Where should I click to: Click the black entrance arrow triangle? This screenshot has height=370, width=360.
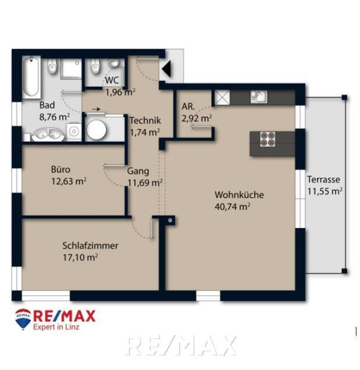pyautogui.click(x=167, y=69)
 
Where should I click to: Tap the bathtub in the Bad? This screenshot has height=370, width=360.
pyautogui.click(x=31, y=76)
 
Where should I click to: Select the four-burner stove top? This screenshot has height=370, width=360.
pyautogui.click(x=268, y=139)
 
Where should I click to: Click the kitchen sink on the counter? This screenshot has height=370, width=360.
pyautogui.click(x=259, y=97)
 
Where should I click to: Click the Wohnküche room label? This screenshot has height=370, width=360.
pyautogui.click(x=239, y=195)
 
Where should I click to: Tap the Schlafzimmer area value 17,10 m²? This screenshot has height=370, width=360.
pyautogui.click(x=80, y=258)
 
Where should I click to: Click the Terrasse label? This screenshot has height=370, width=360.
pyautogui.click(x=323, y=180)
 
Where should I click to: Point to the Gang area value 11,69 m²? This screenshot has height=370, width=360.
pyautogui.click(x=145, y=182)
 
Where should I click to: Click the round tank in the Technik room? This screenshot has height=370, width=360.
pyautogui.click(x=96, y=129)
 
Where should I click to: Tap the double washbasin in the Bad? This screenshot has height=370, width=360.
pyautogui.click(x=48, y=135)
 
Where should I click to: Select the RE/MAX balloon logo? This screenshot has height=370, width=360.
pyautogui.click(x=23, y=319)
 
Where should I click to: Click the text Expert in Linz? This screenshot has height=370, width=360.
pyautogui.click(x=56, y=327)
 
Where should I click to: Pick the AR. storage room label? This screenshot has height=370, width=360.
pyautogui.click(x=188, y=107)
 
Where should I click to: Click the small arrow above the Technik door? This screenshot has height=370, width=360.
pyautogui.click(x=96, y=109)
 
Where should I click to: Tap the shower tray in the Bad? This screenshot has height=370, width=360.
pyautogui.click(x=71, y=69)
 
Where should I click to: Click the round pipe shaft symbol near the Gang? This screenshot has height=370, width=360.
pyautogui.click(x=170, y=220)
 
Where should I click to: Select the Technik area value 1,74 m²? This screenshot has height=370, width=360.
pyautogui.click(x=145, y=132)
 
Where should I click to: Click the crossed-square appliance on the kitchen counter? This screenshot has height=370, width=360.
pyautogui.click(x=222, y=98)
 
